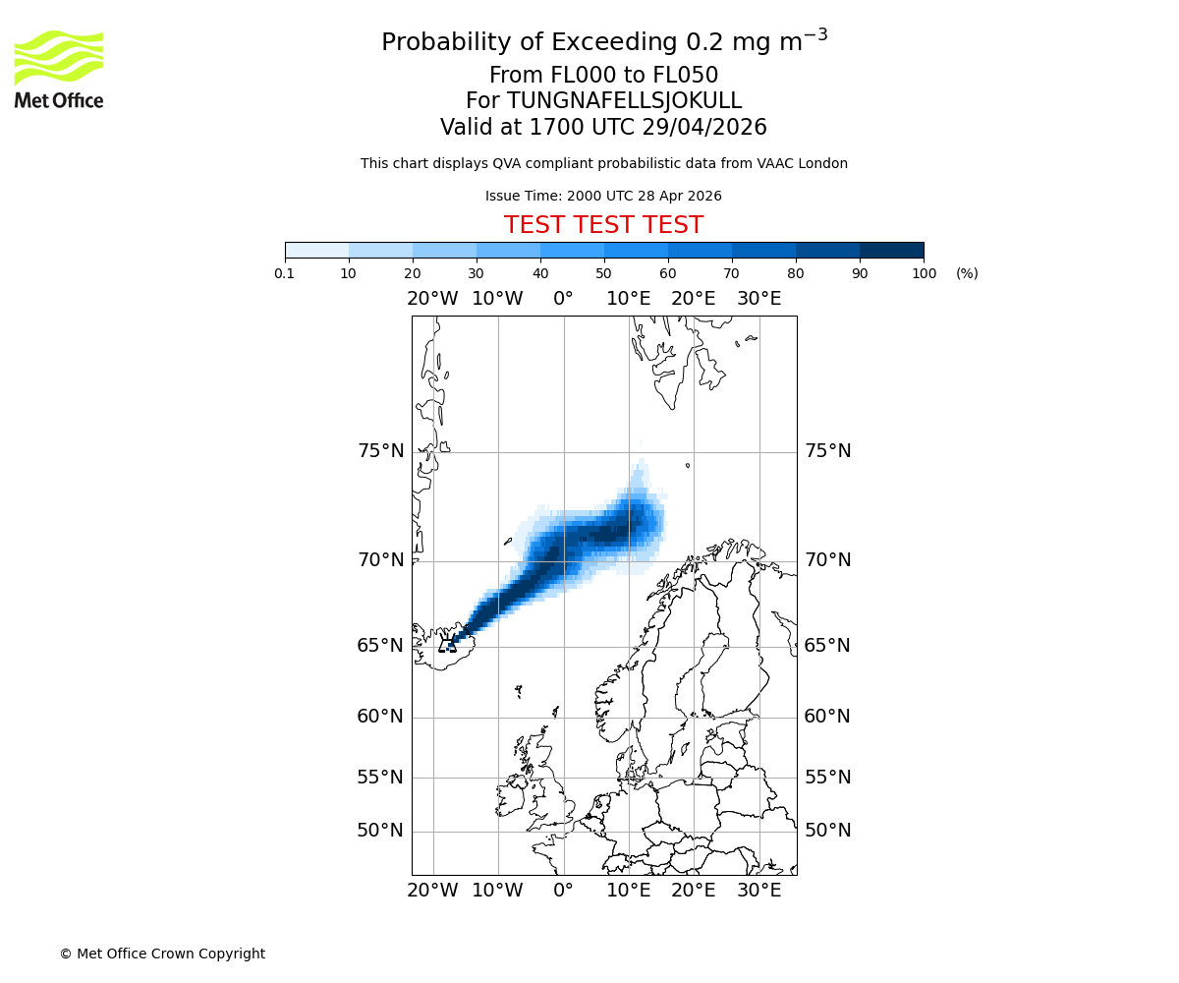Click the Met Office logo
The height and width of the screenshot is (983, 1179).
tap(59, 69)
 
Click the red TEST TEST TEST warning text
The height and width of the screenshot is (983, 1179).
tap(603, 225)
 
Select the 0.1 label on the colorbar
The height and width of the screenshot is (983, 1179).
tap(285, 273)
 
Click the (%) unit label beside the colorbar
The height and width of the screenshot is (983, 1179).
tap(967, 273)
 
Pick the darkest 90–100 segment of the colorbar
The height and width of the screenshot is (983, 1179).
tap(891, 250)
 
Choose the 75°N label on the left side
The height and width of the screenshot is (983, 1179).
tap(380, 451)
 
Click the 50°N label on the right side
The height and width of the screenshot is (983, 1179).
tap(827, 831)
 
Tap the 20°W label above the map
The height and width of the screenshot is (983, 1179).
tap(432, 299)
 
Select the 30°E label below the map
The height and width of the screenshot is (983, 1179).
tap(758, 891)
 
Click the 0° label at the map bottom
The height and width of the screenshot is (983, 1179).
tap(563, 891)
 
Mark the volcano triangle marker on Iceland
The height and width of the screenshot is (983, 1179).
tap(448, 645)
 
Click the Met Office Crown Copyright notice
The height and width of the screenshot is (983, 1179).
tap(162, 954)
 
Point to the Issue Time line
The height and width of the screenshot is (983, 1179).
tap(603, 196)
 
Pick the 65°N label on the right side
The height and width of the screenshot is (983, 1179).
tap(827, 646)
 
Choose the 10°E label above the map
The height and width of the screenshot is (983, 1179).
tap(628, 299)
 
